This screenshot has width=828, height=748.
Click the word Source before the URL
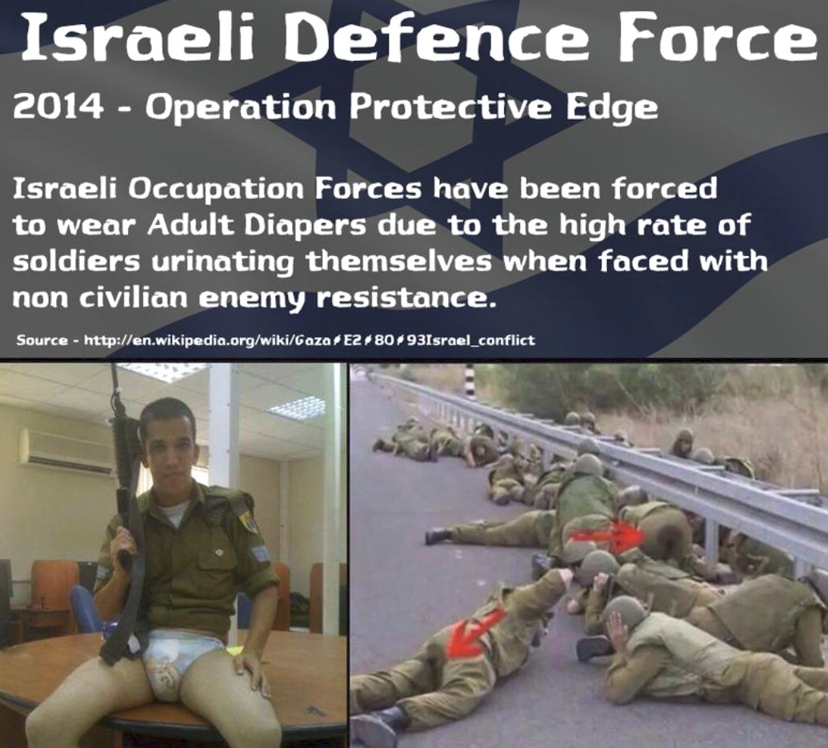pos(42,339)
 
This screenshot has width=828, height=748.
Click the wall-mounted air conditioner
pos(67,450)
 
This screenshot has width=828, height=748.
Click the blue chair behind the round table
pos(85,607)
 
